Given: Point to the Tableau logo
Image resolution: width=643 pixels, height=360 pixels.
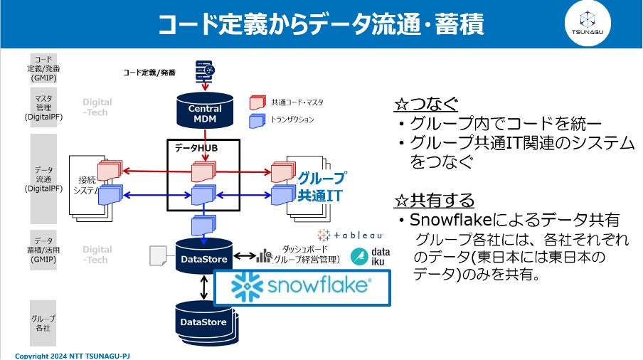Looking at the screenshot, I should [351, 234].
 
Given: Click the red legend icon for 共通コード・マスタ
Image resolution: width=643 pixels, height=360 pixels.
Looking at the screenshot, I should [257, 102].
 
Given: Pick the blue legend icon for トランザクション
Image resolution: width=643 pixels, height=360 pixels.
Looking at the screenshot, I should [257, 120].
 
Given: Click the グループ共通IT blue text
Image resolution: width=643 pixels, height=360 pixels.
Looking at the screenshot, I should [321, 186].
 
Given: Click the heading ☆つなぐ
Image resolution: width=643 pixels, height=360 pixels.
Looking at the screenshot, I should [426, 105].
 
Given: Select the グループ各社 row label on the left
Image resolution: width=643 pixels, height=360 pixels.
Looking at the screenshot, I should [43, 324].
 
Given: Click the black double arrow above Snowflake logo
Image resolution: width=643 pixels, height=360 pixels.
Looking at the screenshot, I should [204, 287].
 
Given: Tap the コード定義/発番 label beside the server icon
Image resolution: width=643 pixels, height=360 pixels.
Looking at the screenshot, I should [149, 73].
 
